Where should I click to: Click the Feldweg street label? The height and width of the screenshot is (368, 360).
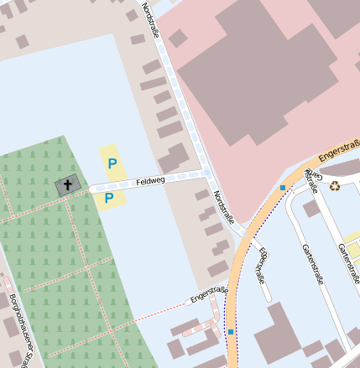pos(151,179)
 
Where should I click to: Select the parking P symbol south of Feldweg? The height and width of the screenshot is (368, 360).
pos(109,198)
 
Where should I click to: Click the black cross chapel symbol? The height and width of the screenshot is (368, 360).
pos(67,184)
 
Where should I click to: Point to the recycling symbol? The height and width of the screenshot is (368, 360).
pos(335,186)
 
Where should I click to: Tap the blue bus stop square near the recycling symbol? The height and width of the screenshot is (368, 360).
pos(283,187)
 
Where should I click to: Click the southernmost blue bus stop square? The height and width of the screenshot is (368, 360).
pos(230,332)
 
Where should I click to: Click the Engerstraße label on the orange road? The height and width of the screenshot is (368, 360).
pos(339,149)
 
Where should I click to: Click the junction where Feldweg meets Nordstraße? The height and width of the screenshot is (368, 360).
pos(206,174)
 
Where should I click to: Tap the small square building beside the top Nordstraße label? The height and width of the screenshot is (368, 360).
pos(132,15)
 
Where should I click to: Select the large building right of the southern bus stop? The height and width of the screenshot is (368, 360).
pos(277,335)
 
